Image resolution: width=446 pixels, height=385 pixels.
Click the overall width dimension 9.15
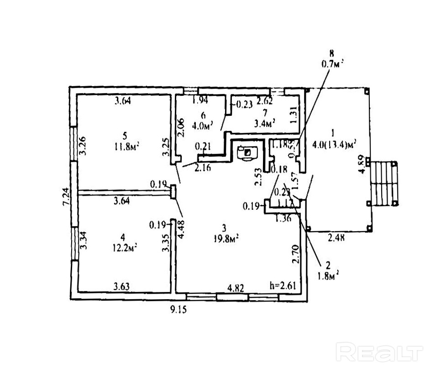pyautogui.click(x=178, y=309)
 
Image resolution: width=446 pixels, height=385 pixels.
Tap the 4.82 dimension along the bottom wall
pyautogui.click(x=236, y=288)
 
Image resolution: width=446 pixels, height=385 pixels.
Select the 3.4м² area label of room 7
pyautogui.click(x=265, y=122)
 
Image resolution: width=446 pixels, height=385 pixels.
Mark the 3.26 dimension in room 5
pyautogui.click(x=82, y=146)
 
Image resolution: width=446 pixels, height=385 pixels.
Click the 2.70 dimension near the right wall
pyautogui.click(x=296, y=254)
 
